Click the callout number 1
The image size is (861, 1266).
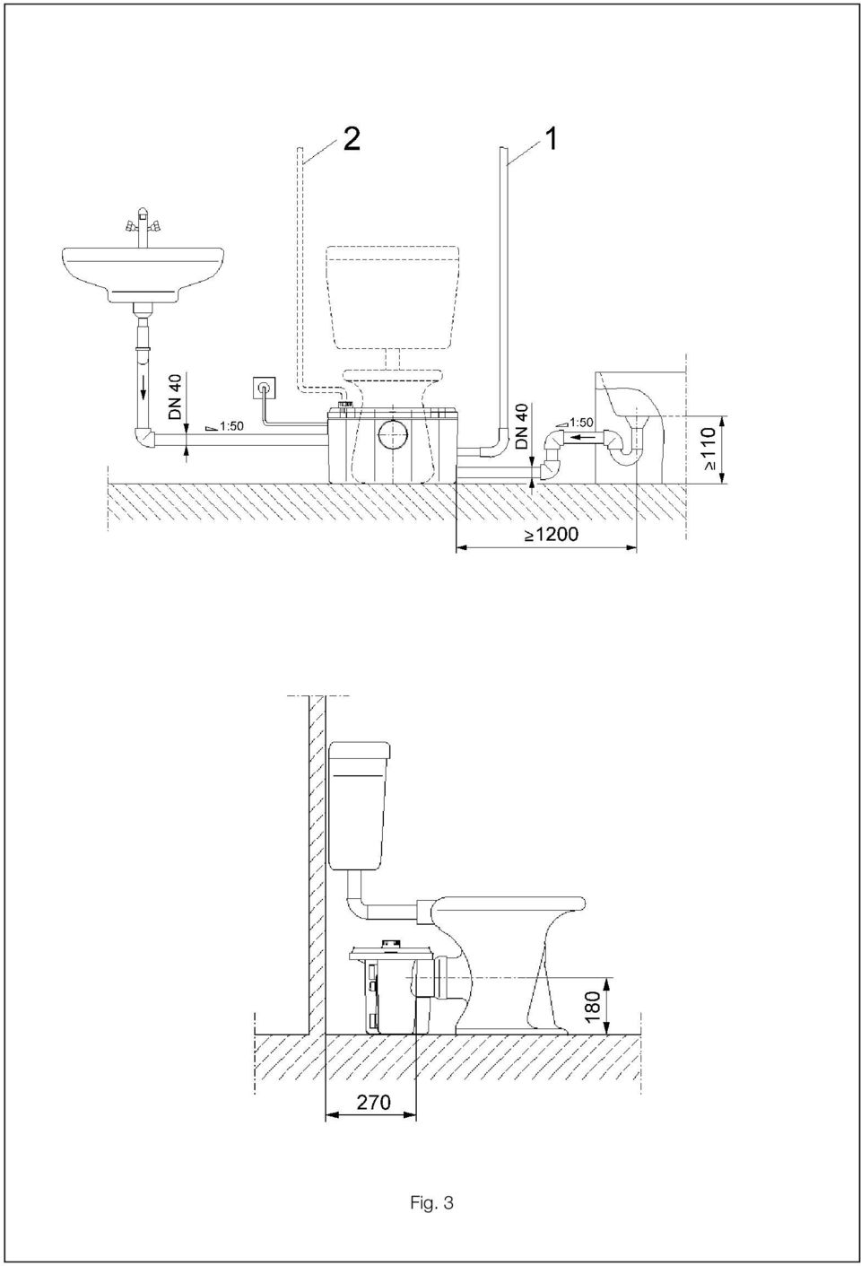tap(550, 138)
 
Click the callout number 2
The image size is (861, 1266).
tap(351, 138)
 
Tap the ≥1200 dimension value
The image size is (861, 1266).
tap(552, 534)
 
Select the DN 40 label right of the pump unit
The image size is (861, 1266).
tap(523, 427)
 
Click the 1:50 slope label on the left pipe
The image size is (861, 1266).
tap(225, 426)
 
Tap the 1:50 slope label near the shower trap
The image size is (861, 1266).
tap(575, 422)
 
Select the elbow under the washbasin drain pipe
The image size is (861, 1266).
tap(144, 438)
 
